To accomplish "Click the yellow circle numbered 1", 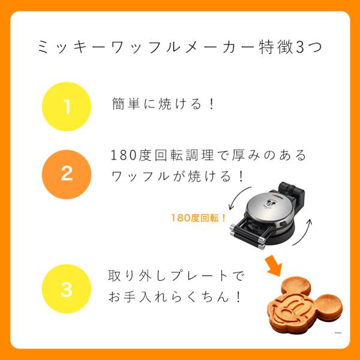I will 67,106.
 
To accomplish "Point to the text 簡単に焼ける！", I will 164,104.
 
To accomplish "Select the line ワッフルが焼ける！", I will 179,177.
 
